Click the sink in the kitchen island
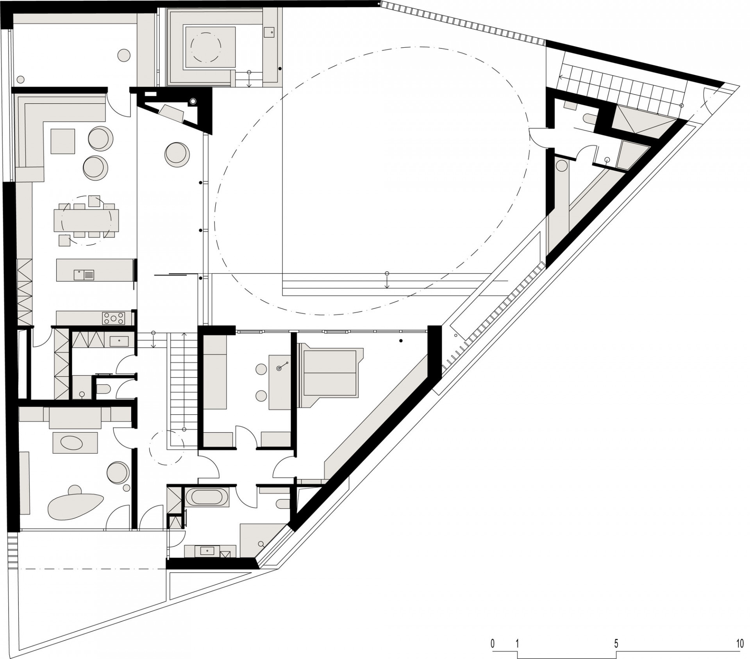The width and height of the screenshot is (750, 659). coord(84,275)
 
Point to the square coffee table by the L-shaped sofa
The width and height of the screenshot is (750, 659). coord(62,141)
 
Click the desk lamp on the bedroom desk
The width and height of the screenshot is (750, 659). coord(279,368)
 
